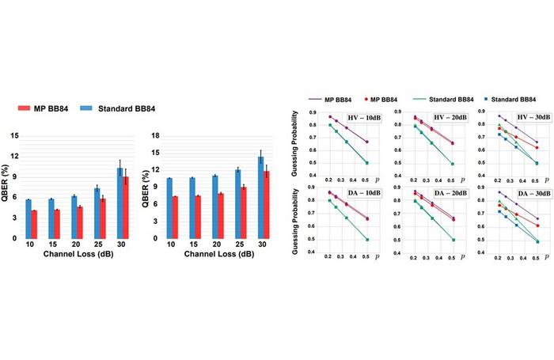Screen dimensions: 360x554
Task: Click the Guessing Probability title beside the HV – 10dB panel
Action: (x=296, y=139)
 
